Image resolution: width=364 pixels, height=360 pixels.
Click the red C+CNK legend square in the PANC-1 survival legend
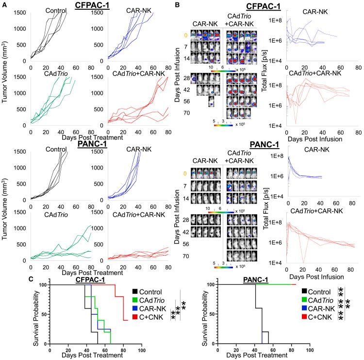[304, 318]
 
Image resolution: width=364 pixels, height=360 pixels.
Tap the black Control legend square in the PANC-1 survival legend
[304, 292]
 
